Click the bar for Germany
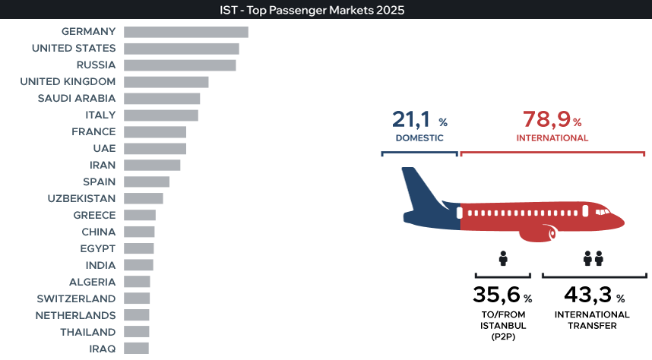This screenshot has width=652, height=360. (x=186, y=32)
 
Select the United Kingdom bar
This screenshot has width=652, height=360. (x=166, y=82)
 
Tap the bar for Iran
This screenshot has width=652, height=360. (x=152, y=165)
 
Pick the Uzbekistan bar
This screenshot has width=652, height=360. (x=144, y=198)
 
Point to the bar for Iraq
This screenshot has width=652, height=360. (x=136, y=349)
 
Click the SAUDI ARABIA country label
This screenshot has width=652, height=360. (x=77, y=99)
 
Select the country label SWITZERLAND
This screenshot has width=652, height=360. (x=76, y=299)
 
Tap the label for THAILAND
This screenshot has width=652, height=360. (x=87, y=332)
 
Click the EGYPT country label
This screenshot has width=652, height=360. (x=98, y=248)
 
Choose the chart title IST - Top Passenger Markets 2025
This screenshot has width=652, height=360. (x=312, y=10)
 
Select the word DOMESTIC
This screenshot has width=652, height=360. (x=419, y=138)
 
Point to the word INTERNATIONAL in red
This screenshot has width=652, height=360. (x=552, y=138)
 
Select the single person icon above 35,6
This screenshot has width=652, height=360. (x=503, y=258)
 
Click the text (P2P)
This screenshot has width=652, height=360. (x=503, y=336)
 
